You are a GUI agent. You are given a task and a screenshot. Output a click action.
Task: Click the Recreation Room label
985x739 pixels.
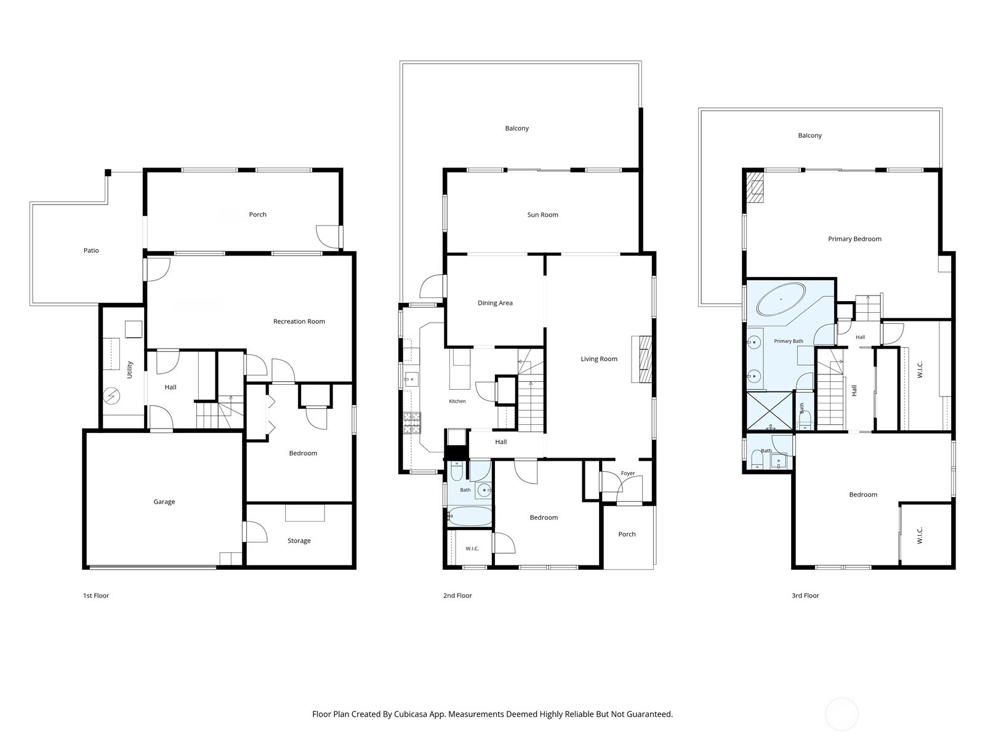[299, 321]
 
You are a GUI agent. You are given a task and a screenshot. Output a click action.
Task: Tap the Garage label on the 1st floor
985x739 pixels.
[164, 502]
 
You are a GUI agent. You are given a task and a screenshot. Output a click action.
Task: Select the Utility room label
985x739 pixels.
[130, 369]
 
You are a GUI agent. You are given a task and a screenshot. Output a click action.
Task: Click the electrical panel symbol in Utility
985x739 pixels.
[111, 395]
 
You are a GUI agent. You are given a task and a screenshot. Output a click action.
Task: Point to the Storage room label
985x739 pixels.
[299, 541]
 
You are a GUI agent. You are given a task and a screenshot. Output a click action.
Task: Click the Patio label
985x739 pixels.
[91, 251]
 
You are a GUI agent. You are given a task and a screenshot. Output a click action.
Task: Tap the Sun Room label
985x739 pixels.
[542, 214]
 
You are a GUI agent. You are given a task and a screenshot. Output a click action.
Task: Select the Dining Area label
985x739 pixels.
[495, 303]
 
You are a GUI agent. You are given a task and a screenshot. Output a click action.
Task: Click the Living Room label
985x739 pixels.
[598, 359]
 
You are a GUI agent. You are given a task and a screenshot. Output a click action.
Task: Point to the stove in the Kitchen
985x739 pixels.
[412, 422]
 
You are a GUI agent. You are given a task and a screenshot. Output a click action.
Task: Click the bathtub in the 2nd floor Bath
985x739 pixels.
[469, 516]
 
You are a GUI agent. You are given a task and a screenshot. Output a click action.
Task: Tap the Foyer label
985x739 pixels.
[628, 474]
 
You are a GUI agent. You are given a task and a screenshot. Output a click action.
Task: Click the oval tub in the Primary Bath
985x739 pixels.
[781, 299]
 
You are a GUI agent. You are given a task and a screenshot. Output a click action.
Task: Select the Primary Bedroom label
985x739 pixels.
[854, 239]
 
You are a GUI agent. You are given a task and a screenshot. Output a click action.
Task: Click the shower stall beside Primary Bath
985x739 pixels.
[770, 411]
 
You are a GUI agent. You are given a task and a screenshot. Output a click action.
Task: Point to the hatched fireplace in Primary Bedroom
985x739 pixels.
[755, 188]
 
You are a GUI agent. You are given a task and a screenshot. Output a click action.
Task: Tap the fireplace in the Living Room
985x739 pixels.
[641, 359]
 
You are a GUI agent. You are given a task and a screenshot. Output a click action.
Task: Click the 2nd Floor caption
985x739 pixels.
[457, 596]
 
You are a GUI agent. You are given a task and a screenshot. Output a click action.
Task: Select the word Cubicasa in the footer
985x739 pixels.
[411, 714]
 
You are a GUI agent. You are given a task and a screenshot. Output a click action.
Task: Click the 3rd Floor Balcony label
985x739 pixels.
[810, 135]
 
